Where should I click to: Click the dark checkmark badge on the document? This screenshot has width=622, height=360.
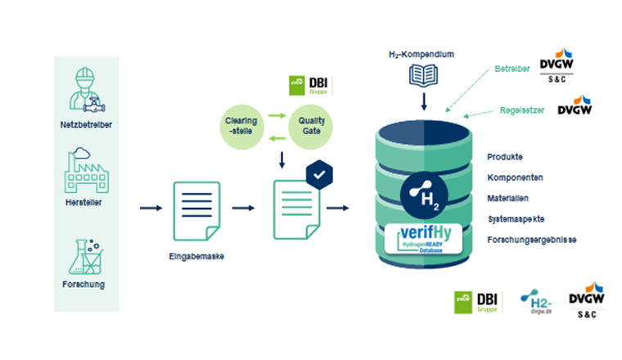pos(320,175)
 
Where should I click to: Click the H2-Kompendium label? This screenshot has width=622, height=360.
pos(421,55)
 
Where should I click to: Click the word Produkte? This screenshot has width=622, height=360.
pos(505,156)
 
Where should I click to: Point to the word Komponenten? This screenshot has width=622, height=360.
pos(515,177)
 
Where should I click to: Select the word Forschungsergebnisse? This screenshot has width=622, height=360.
pos(531,240)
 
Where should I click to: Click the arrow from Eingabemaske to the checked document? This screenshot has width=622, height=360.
pos(244,208)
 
